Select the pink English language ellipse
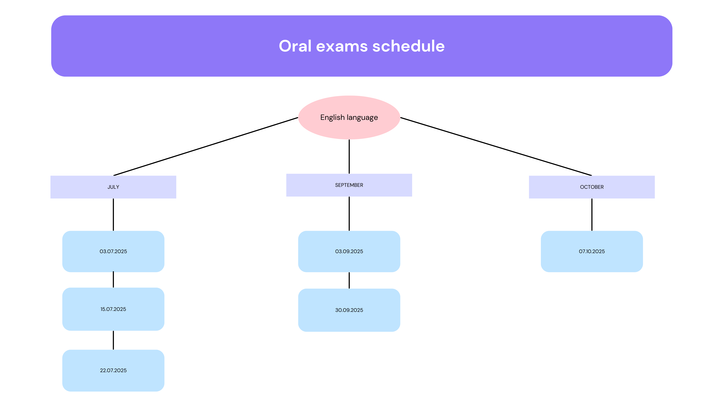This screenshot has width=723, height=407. (x=349, y=117)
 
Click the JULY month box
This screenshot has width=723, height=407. (x=113, y=187)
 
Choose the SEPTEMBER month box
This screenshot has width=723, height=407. (x=349, y=185)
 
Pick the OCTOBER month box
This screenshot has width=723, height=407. (x=592, y=187)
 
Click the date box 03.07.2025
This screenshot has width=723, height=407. (x=113, y=251)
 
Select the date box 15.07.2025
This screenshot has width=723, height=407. (x=113, y=309)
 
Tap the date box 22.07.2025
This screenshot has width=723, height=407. (x=113, y=370)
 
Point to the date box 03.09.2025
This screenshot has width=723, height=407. (x=349, y=251)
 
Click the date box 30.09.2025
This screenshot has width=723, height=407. (x=349, y=310)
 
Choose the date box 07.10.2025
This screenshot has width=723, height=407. (x=592, y=251)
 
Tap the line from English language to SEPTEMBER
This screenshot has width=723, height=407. (x=349, y=156)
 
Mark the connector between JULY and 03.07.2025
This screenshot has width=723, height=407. (x=113, y=215)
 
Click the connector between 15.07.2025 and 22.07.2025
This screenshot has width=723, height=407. (x=113, y=340)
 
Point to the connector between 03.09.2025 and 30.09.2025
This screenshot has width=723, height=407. (x=349, y=280)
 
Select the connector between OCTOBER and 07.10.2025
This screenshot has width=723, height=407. (x=592, y=215)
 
